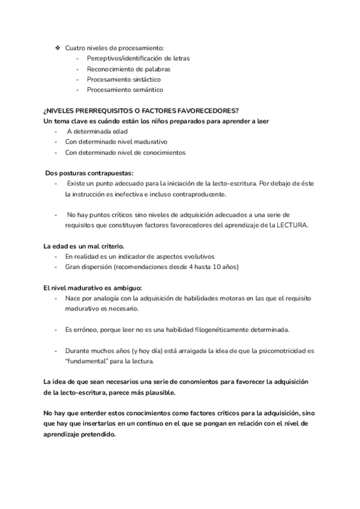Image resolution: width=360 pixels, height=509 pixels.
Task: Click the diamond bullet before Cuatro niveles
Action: click(x=58, y=47)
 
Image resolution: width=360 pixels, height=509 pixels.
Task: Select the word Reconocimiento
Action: click(x=110, y=69)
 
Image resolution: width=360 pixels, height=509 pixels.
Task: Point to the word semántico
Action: click(x=144, y=90)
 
